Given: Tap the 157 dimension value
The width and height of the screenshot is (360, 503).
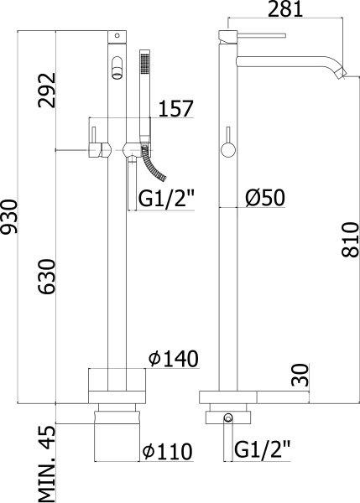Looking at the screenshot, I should (x=176, y=109).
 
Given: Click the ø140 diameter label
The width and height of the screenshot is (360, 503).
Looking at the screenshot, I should (x=173, y=359).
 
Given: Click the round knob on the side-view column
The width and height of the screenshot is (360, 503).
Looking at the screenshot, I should (x=227, y=151).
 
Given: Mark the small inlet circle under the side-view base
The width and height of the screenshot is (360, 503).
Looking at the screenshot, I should (x=227, y=417).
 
